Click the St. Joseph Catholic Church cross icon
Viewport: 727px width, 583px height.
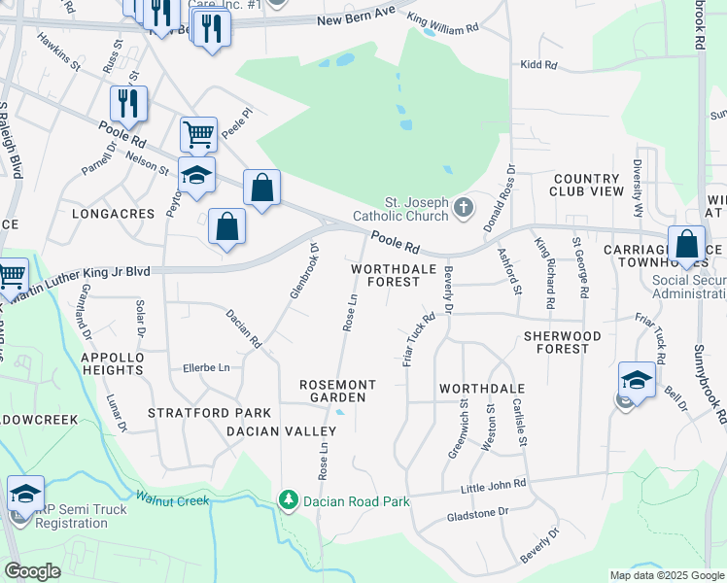pos(465,206)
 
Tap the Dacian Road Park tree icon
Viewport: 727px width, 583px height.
pos(288,500)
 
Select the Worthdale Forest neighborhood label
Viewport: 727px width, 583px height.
pos(386,274)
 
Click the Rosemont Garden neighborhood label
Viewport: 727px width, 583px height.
pos(332,391)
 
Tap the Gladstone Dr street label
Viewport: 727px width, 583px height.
pos(476,511)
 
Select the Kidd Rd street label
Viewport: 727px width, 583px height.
pos(538,65)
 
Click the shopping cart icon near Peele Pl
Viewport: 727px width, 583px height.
pos(198,133)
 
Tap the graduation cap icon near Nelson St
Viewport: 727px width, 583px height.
pos(196,175)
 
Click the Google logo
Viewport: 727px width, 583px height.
pos(33,571)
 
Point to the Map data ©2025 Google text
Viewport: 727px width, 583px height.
pos(666,575)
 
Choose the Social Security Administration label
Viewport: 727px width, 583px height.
pos(689,287)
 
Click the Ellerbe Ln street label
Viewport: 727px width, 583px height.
pos(206,368)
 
